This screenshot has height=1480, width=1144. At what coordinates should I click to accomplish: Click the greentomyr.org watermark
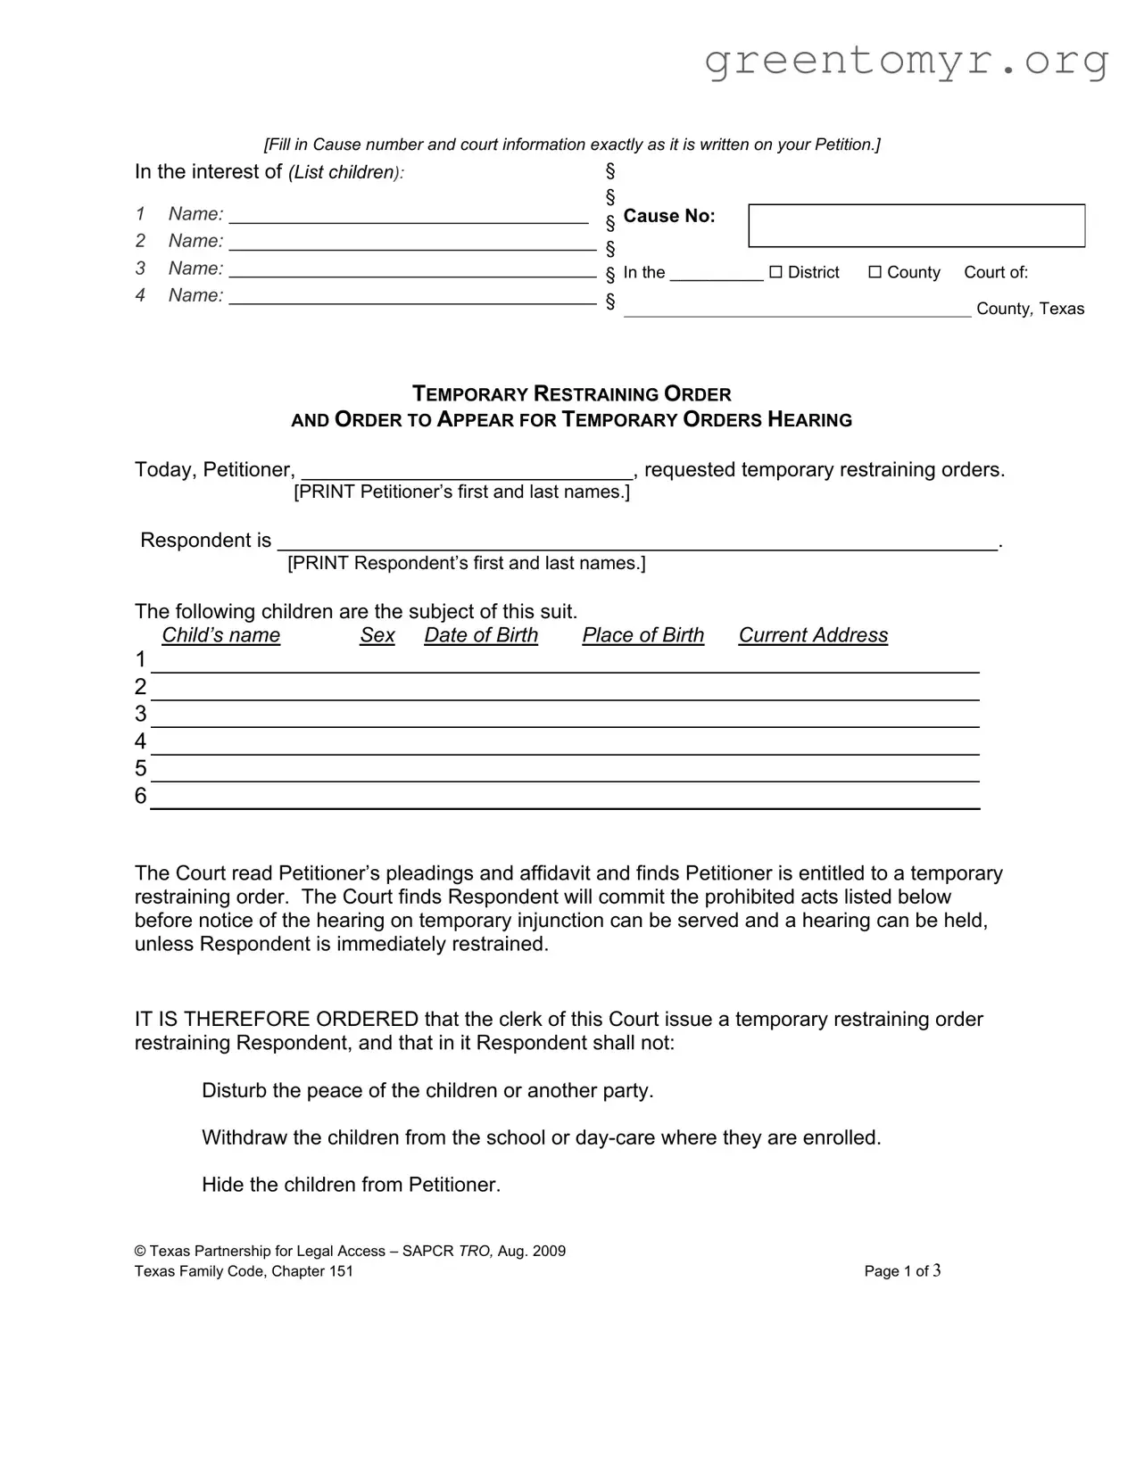[x=906, y=61]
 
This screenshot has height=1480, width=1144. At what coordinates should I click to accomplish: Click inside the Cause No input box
[x=916, y=226]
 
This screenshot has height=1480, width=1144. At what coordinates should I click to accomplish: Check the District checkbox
[x=775, y=272]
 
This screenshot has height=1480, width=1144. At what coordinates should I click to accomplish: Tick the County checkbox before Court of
[x=875, y=272]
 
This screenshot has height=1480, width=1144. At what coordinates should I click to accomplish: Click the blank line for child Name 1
[x=408, y=216]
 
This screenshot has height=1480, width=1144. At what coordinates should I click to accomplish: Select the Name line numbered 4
[x=412, y=297]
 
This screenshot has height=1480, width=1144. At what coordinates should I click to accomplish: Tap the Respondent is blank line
[x=637, y=542]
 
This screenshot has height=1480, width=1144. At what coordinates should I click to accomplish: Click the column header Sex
[x=377, y=635]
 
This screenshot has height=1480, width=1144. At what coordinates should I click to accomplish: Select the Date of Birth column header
[x=481, y=635]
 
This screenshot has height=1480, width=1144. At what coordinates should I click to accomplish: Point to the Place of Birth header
[x=642, y=635]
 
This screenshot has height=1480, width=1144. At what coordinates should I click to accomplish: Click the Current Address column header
[x=813, y=635]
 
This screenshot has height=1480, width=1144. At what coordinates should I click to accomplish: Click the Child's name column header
[x=220, y=635]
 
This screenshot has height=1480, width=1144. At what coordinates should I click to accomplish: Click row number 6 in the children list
[x=141, y=796]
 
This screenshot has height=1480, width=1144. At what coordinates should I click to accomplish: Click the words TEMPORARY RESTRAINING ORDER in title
[x=571, y=394]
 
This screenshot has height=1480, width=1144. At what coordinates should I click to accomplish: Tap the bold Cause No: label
[x=668, y=216]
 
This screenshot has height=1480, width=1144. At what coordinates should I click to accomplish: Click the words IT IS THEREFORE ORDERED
[x=277, y=1020]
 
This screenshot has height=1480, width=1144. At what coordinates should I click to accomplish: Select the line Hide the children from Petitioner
[x=351, y=1185]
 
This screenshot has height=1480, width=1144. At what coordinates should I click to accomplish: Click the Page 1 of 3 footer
[x=901, y=1271]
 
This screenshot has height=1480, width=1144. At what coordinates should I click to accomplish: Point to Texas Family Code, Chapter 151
[x=244, y=1271]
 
